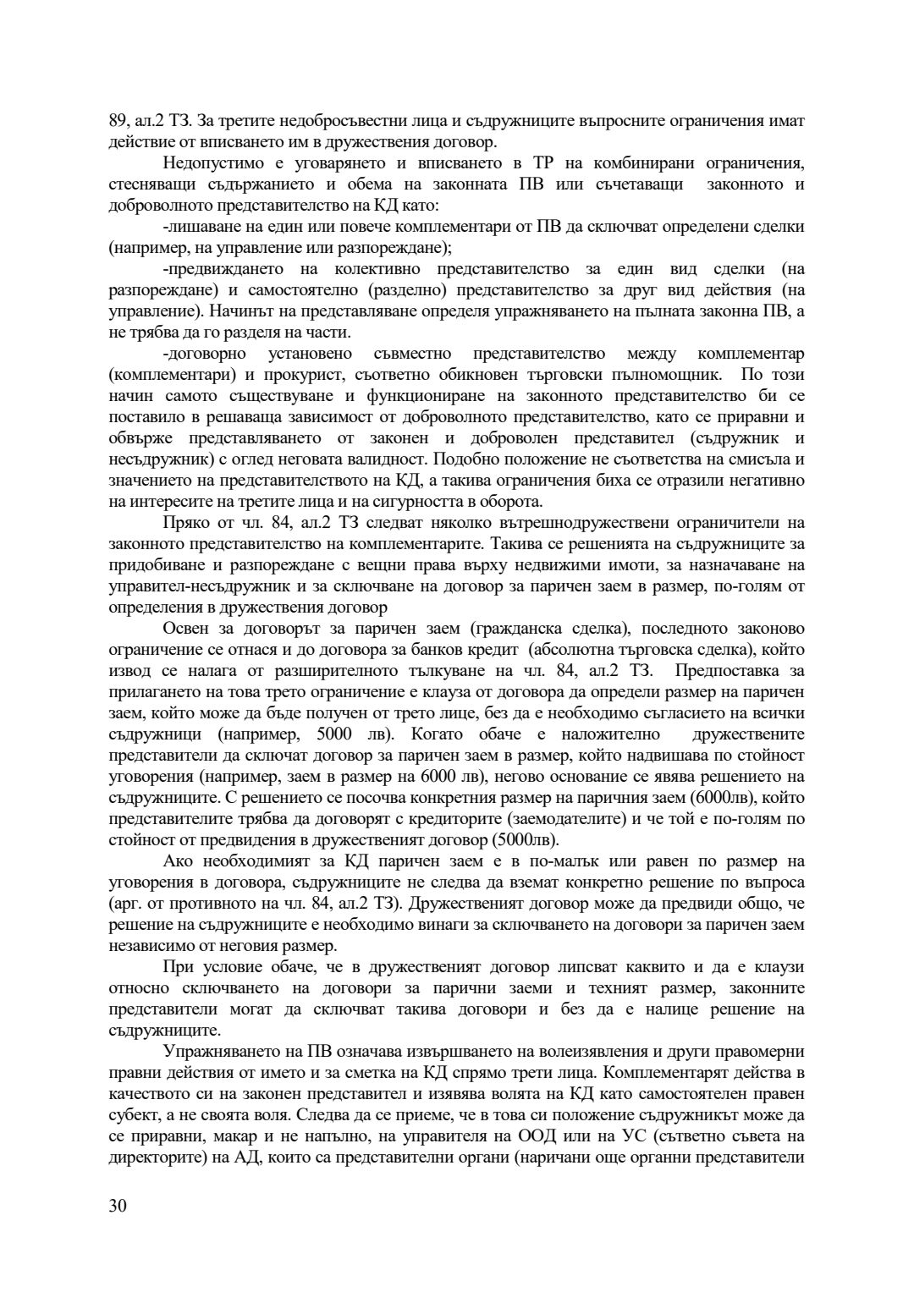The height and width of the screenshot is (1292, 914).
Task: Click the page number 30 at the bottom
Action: (x=118, y=1206)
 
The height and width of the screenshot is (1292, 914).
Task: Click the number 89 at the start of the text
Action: (x=118, y=121)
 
